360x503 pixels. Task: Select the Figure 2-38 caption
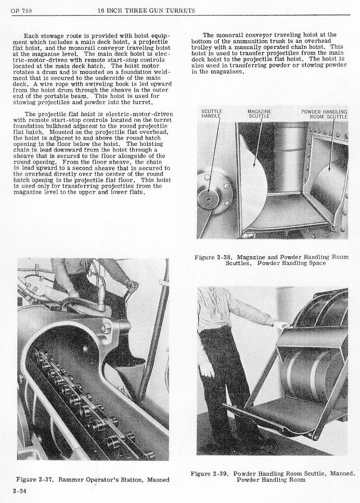(x=272, y=260)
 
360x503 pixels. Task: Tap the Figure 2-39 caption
(x=273, y=476)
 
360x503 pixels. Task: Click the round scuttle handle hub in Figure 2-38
(x=208, y=199)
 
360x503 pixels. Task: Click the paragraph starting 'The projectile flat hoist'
(x=95, y=154)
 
